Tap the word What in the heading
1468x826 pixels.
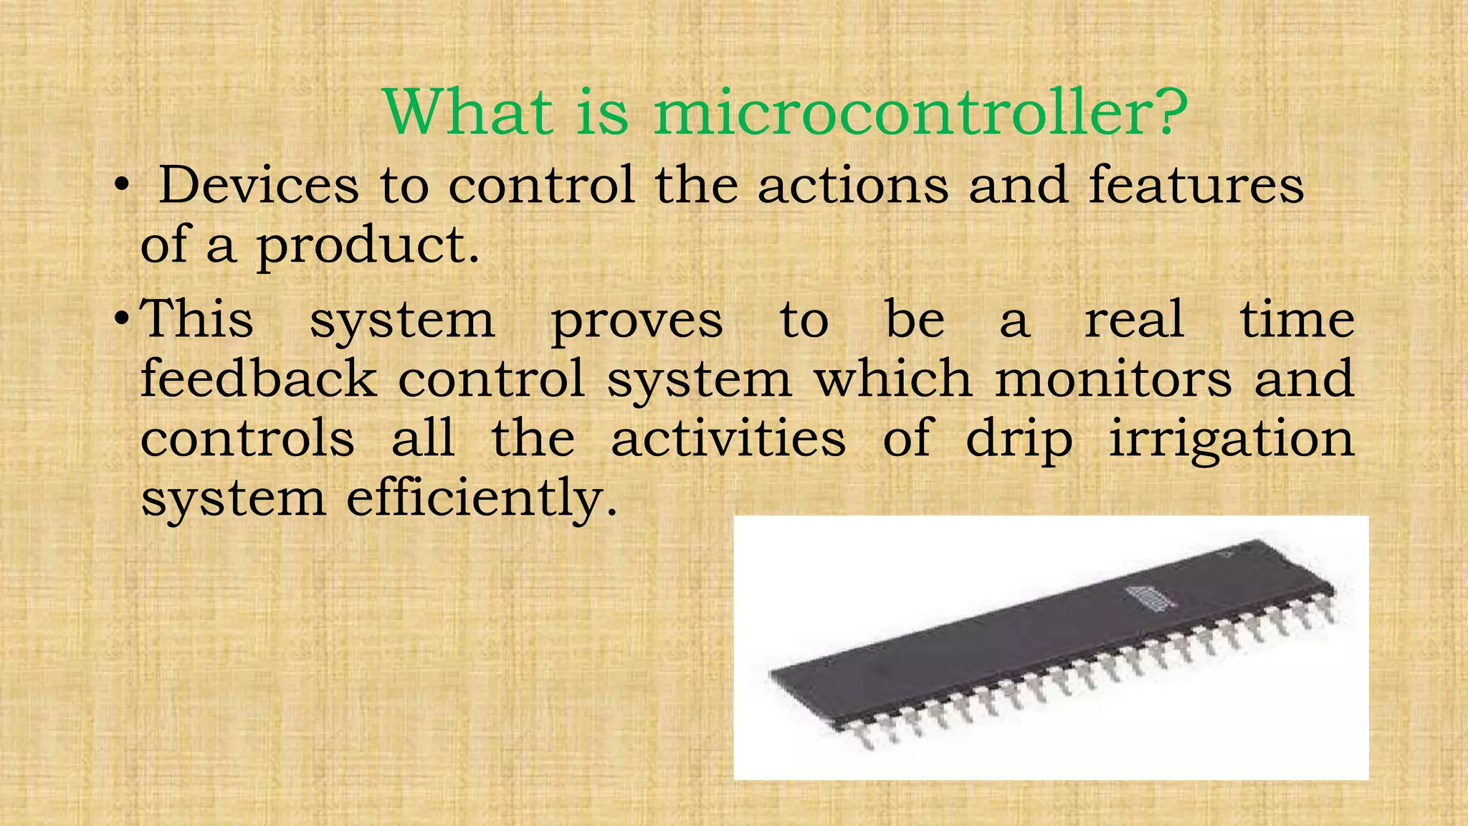[469, 113]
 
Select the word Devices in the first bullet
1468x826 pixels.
[258, 186]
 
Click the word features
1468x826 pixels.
[1196, 186]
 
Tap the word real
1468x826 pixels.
[1134, 319]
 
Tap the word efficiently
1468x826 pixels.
[481, 499]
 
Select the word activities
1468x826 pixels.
[728, 438]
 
